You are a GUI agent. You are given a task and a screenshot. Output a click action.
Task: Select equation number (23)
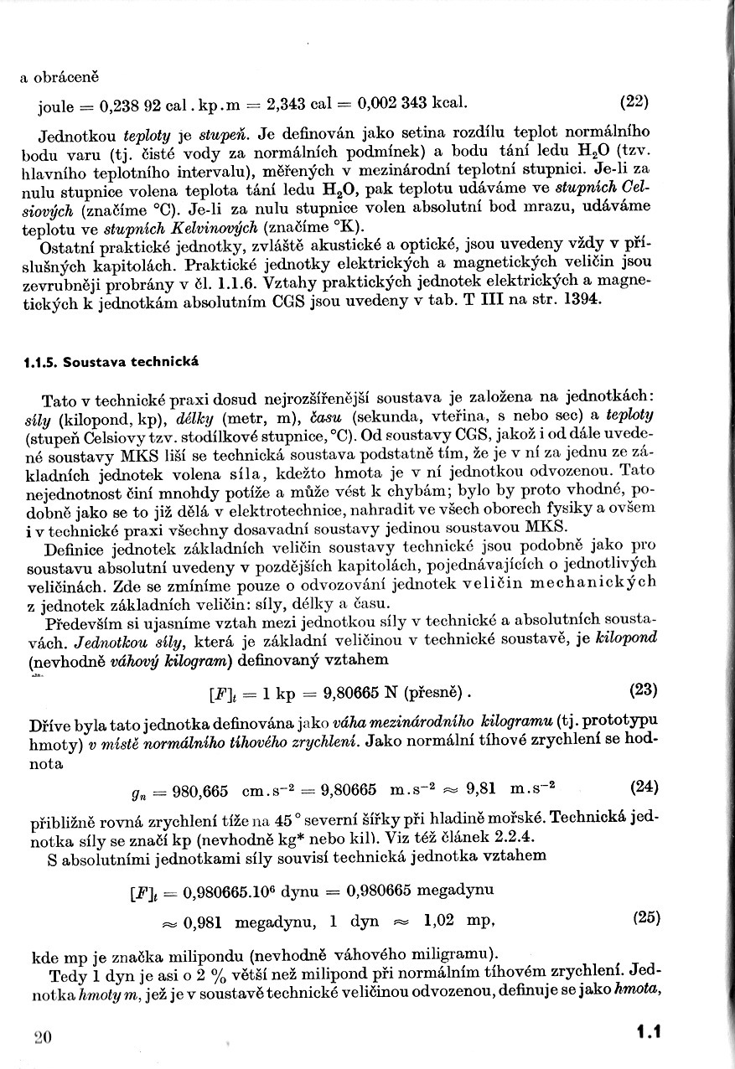tap(643, 691)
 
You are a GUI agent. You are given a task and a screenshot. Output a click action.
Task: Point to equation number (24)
tap(643, 788)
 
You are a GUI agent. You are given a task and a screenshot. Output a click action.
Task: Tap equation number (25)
tap(646, 917)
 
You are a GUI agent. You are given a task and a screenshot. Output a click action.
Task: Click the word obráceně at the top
tap(65, 77)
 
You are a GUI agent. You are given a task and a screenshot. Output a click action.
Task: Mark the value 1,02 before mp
tap(442, 919)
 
